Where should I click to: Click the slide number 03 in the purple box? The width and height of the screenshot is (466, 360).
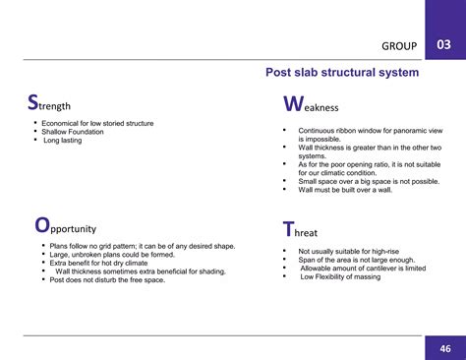coord(443,45)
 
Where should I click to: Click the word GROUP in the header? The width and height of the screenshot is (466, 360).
coord(398,46)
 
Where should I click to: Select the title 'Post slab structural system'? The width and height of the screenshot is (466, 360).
coord(342,73)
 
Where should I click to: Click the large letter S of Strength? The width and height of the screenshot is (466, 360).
coord(32,103)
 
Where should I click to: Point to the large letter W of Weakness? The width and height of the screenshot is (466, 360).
coord(292,104)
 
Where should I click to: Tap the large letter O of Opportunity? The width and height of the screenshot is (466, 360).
coord(41,225)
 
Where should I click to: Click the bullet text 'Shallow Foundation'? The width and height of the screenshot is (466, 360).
coord(74,133)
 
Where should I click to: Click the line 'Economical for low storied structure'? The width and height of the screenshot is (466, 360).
coord(98,124)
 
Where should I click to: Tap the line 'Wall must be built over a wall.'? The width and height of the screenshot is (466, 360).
coord(347,190)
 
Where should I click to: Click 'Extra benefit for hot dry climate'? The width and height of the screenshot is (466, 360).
coord(98,264)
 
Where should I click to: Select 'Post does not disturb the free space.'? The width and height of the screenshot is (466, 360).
coord(107,280)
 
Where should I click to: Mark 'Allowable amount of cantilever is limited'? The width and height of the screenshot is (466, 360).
coord(363,268)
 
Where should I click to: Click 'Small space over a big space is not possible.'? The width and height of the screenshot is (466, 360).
coord(369,181)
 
